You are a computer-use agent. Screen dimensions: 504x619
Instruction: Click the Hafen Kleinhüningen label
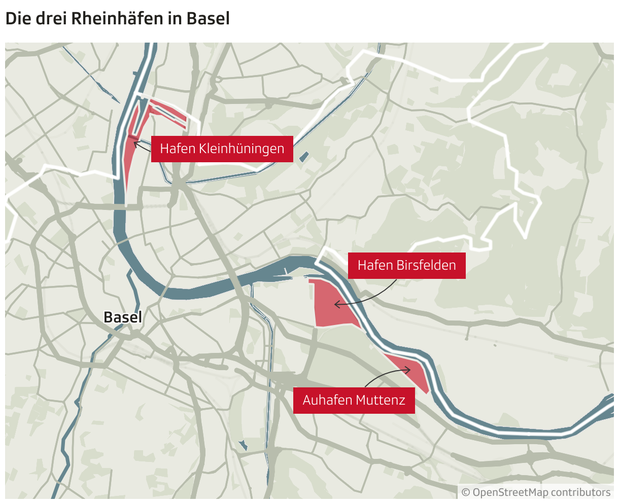click(222, 149)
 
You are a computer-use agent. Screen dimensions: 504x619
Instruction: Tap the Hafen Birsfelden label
click(406, 265)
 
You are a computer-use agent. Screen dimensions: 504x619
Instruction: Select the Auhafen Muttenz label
click(354, 400)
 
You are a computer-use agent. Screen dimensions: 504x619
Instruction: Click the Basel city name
click(123, 317)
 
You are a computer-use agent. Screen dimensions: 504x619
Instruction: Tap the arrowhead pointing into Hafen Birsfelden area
click(336, 305)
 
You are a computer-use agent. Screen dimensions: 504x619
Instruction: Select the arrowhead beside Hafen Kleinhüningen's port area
click(135, 143)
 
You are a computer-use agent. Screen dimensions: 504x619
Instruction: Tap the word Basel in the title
click(208, 19)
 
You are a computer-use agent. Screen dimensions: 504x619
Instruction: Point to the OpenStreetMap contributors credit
click(536, 492)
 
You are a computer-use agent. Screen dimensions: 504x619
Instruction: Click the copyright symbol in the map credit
click(466, 492)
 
